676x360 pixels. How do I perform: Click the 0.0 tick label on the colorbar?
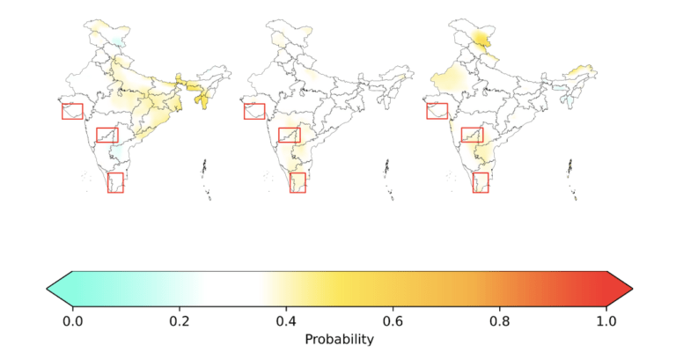pyautogui.click(x=72, y=321)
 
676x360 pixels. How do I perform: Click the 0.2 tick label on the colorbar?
pyautogui.click(x=180, y=321)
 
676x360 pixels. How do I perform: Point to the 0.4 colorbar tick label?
pyautogui.click(x=286, y=321)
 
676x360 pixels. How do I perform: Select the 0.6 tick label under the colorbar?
pyautogui.click(x=393, y=321)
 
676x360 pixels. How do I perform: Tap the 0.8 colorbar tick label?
pyautogui.click(x=500, y=321)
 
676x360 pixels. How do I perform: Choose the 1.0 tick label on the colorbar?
pyautogui.click(x=606, y=321)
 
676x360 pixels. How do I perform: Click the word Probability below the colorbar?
pyautogui.click(x=339, y=340)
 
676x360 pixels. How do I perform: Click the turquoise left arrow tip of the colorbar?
pyautogui.click(x=47, y=289)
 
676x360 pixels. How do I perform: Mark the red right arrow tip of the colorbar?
pyautogui.click(x=632, y=289)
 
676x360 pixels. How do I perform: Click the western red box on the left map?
pyautogui.click(x=62, y=111)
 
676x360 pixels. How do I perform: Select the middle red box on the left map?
pyautogui.click(x=97, y=135)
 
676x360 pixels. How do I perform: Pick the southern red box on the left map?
pyautogui.click(x=107, y=183)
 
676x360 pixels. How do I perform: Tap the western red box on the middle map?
pyautogui.click(x=245, y=111)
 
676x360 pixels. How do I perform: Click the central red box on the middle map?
pyautogui.click(x=279, y=135)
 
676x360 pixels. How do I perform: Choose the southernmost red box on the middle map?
pyautogui.click(x=290, y=183)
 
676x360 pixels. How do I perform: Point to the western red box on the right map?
pyautogui.click(x=427, y=111)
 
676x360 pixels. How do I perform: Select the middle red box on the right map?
pyautogui.click(x=462, y=135)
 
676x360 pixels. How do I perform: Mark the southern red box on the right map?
pyautogui.click(x=473, y=183)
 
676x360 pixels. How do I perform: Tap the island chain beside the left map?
pyautogui.click(x=206, y=179)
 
